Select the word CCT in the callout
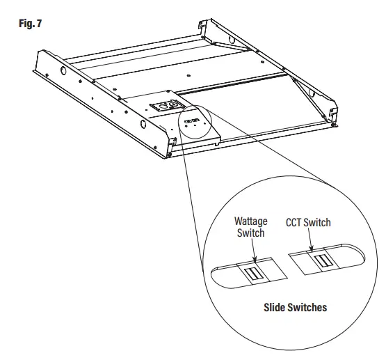point(295,223)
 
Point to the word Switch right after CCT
point(318,223)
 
